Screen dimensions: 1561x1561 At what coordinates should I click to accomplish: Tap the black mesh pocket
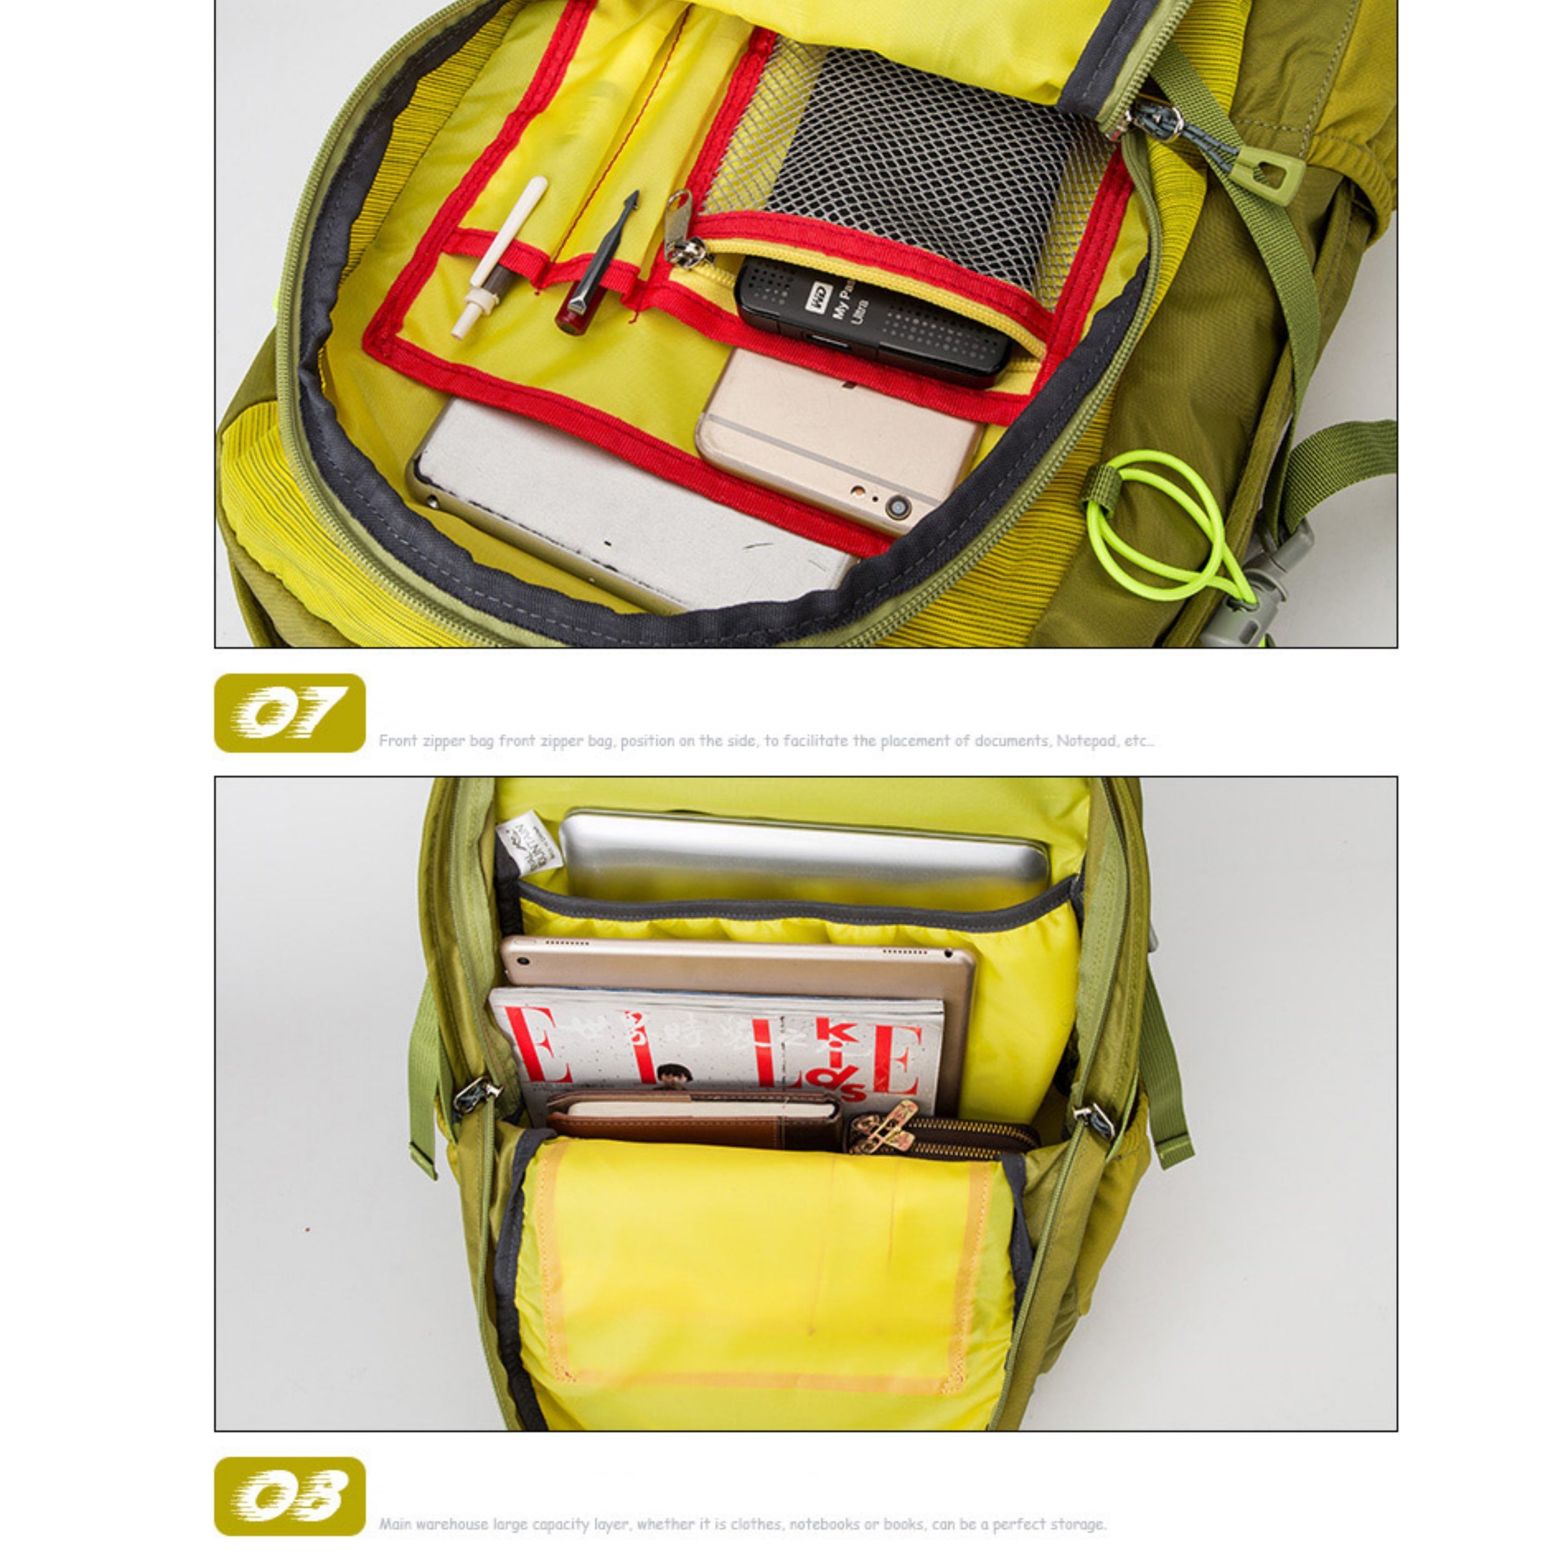pos(913,162)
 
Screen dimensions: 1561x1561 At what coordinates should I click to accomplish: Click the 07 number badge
pos(289,712)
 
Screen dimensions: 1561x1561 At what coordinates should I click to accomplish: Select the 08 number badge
pos(289,1495)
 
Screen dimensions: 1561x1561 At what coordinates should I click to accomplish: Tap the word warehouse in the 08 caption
pos(453,1524)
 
